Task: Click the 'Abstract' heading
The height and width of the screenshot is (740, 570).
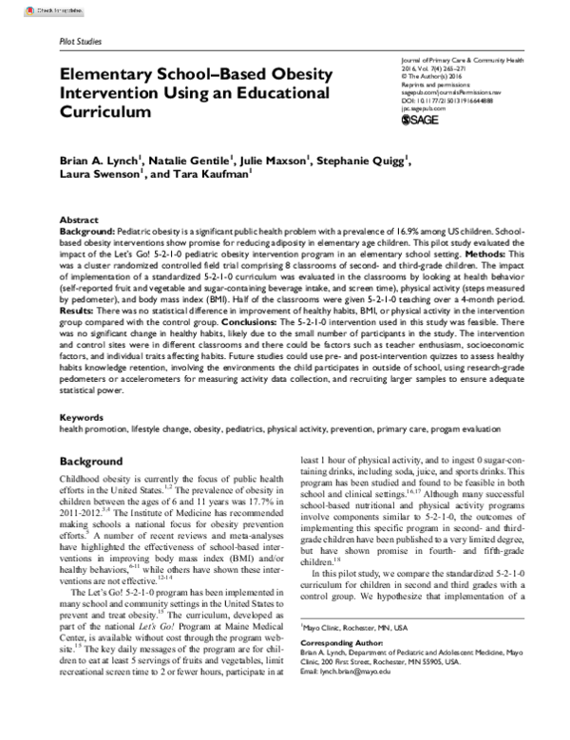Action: coord(78,218)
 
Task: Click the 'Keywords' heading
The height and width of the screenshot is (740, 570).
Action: coord(82,416)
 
